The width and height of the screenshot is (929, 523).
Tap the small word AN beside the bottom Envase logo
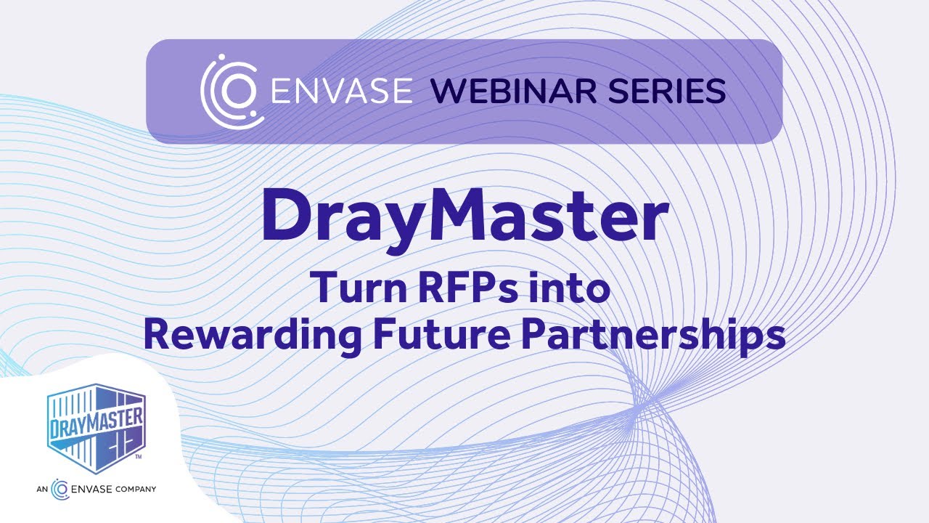pyautogui.click(x=41, y=489)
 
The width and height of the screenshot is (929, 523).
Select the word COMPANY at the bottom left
pyautogui.click(x=136, y=489)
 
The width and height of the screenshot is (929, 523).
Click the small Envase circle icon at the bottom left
pyautogui.click(x=60, y=489)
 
